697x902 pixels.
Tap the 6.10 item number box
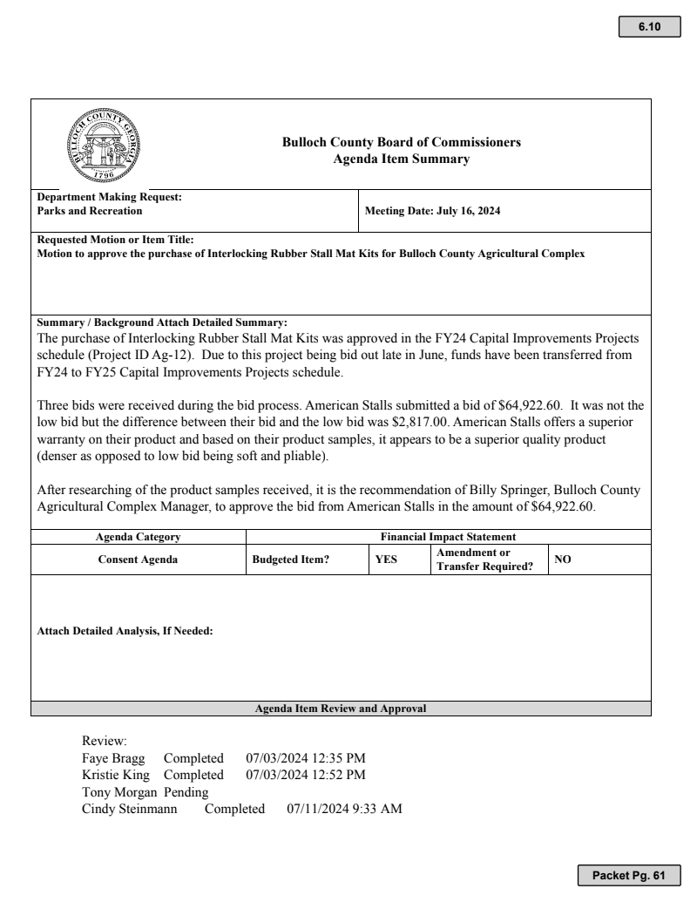click(649, 27)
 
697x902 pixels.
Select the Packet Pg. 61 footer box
click(628, 875)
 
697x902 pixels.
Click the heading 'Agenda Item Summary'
click(402, 159)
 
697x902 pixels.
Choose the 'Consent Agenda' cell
click(138, 560)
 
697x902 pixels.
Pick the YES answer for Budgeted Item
click(386, 560)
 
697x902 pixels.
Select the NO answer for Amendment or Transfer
click(563, 559)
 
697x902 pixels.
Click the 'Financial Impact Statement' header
click(449, 538)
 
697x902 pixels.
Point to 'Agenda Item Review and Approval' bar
click(340, 709)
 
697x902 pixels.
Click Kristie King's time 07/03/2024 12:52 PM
click(306, 775)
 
